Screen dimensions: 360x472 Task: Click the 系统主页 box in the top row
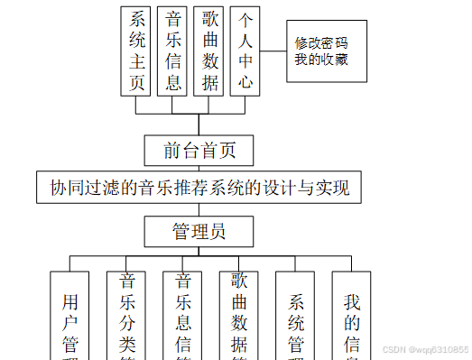coord(137,51)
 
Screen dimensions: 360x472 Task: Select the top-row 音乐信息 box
coord(173,51)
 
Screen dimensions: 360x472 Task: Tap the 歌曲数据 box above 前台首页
coord(210,51)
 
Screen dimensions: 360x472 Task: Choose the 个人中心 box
coord(246,51)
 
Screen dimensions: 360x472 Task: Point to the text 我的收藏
coord(321,60)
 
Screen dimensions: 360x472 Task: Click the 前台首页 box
coord(199,150)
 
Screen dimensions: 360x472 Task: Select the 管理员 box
coord(199,232)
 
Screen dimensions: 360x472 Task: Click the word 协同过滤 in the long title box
coord(81,189)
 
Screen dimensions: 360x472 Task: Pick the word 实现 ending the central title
coord(341,189)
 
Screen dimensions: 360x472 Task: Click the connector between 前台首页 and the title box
coord(199,167)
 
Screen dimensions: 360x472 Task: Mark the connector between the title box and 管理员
coord(199,210)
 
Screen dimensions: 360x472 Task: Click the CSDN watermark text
coord(425,349)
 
